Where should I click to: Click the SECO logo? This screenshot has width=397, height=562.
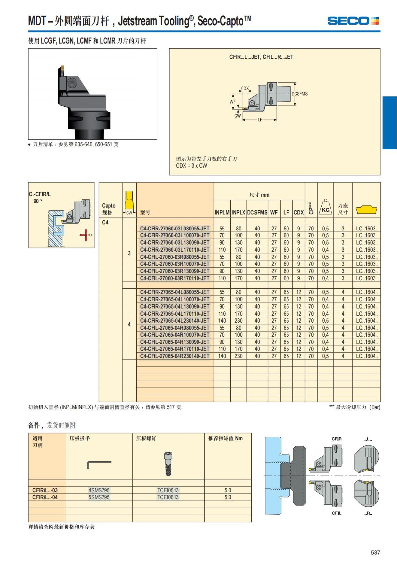[353, 21]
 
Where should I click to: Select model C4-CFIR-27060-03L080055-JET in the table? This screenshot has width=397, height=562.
[174, 229]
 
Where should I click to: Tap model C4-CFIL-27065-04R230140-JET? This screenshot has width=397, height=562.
[174, 356]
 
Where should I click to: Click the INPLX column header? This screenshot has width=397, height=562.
[238, 213]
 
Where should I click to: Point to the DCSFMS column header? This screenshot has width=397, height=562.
[257, 213]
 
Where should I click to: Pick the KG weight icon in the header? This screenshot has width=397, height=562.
[325, 207]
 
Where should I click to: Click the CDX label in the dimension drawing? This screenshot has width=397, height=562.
[245, 88]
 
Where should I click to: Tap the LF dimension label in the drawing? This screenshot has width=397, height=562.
[260, 120]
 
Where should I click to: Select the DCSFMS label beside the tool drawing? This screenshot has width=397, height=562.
[299, 94]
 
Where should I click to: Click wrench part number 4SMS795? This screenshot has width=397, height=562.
[99, 490]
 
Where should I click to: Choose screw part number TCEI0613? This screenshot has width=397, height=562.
[168, 497]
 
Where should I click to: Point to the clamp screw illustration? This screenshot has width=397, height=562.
[168, 464]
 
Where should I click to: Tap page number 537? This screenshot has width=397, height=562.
[375, 552]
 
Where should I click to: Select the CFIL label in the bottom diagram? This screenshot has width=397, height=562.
[336, 513]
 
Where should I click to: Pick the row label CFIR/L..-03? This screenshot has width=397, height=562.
[45, 490]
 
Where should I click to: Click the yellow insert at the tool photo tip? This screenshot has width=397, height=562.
[62, 68]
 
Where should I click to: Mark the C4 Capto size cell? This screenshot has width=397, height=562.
[105, 222]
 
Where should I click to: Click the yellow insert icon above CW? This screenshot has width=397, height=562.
[129, 200]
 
